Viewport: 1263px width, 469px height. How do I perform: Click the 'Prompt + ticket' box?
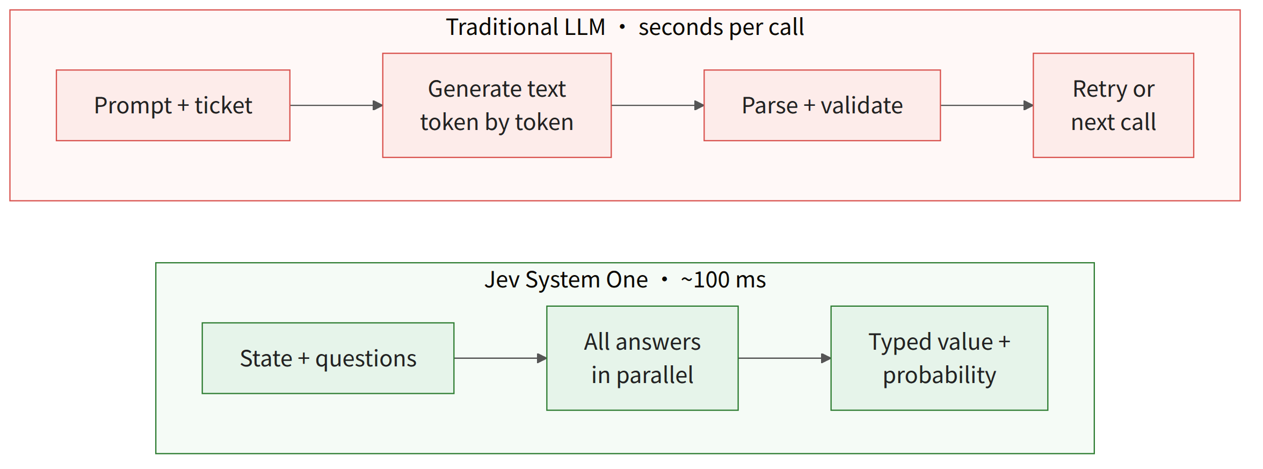pos(173,105)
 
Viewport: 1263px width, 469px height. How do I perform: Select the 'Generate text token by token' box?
pos(497,105)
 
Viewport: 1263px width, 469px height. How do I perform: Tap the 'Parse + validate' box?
pos(822,105)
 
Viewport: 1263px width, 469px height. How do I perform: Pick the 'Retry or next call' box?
pos(1113,105)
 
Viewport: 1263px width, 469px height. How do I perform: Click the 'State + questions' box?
pos(328,358)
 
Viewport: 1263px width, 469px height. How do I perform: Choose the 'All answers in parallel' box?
pos(642,358)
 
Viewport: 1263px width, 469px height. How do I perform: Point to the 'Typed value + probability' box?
pos(939,358)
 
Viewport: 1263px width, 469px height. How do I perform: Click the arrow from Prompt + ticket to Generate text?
pos(336,105)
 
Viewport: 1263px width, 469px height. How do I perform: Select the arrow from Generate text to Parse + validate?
pos(658,105)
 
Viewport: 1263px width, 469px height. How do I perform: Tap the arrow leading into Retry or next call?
pos(987,105)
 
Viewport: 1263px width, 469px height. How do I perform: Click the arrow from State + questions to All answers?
pos(500,358)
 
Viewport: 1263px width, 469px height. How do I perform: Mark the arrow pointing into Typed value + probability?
pos(785,358)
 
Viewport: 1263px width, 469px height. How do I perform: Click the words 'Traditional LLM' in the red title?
pos(526,27)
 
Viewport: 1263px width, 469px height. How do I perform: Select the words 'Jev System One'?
pos(566,280)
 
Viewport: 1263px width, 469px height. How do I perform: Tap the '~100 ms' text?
pos(723,280)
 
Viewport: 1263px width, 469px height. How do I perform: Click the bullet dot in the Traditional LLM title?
pos(622,27)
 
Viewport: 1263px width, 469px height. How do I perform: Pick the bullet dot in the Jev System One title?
pos(664,279)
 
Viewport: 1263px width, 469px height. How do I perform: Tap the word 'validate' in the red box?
pos(862,105)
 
